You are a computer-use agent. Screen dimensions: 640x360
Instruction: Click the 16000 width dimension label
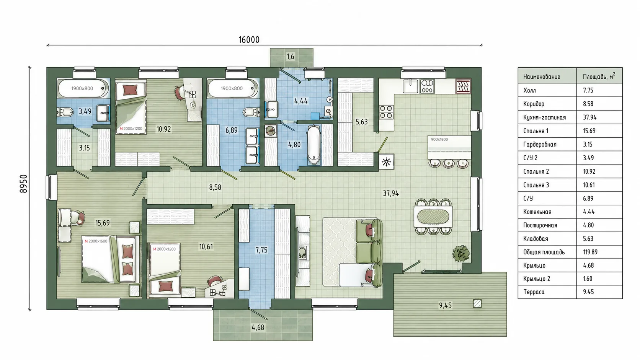[249, 40]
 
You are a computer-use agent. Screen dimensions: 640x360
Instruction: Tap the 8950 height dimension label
[23, 184]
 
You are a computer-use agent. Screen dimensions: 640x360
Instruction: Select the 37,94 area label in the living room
[391, 194]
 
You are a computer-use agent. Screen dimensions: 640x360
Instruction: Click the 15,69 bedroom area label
[102, 223]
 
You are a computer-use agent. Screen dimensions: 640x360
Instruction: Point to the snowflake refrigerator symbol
[387, 162]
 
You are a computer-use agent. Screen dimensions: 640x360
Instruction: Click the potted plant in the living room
[460, 253]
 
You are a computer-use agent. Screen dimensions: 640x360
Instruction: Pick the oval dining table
[433, 217]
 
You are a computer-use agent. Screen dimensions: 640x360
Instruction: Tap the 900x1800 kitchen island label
[439, 140]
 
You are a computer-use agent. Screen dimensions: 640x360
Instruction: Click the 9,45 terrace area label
[445, 306]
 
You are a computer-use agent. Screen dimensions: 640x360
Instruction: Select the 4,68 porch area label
[258, 328]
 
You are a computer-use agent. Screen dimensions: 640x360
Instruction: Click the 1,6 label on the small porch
[290, 57]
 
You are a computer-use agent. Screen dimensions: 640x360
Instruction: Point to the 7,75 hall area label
[261, 250]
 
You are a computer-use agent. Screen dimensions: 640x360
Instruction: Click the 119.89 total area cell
[590, 252]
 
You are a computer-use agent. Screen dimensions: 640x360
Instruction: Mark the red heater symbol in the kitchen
[464, 86]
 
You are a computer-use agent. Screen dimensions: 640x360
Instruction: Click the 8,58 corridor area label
[215, 187]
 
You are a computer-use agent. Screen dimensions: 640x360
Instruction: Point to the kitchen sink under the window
[410, 86]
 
